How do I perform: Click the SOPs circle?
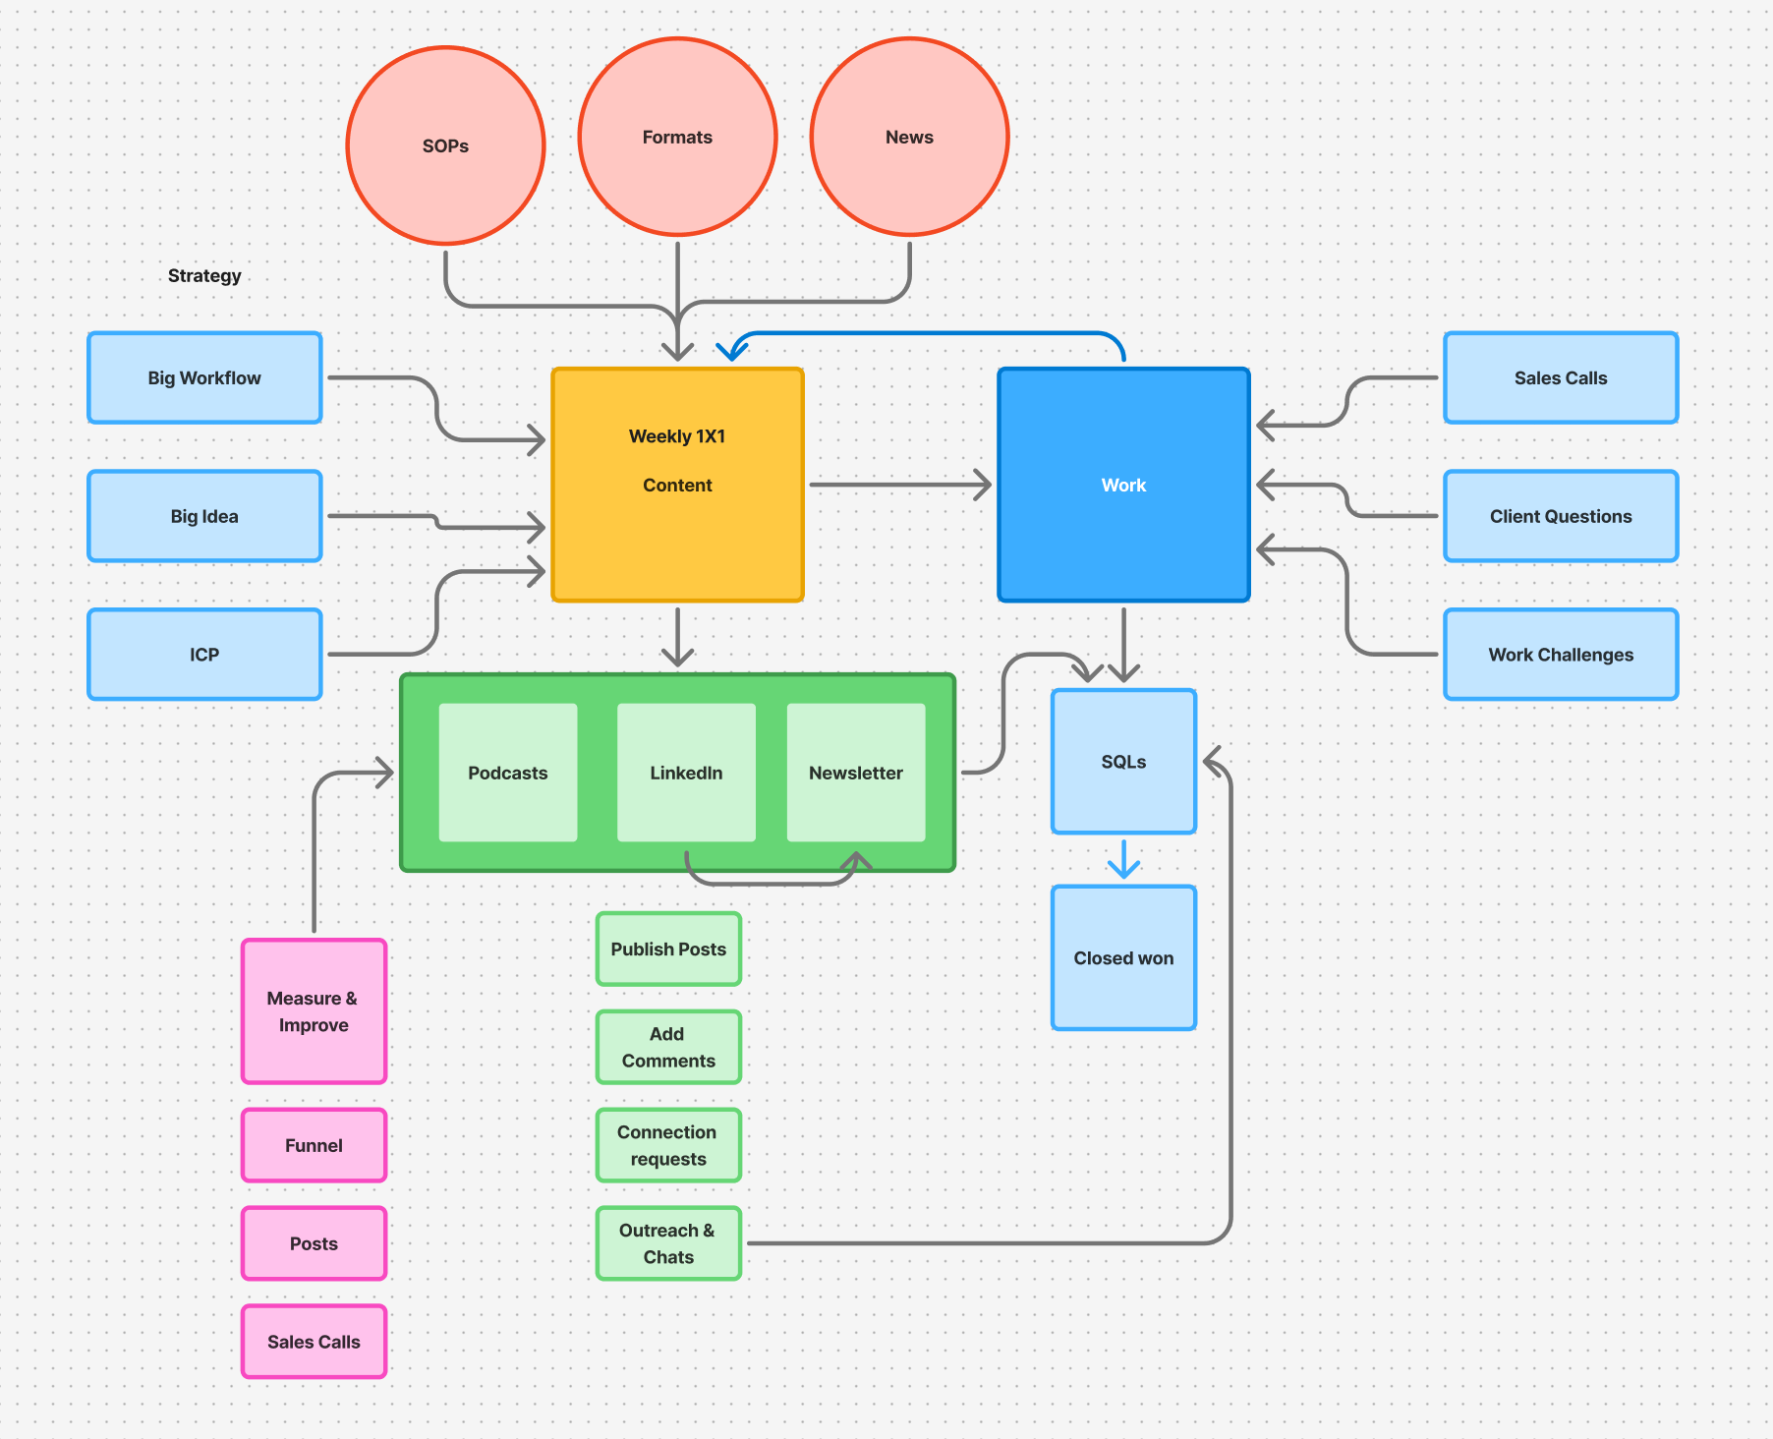click(445, 145)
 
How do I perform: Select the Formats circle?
click(677, 137)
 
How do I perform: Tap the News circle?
click(909, 137)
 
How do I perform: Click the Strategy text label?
click(204, 275)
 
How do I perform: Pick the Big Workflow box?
click(204, 377)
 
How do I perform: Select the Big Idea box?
click(204, 516)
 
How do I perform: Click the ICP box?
click(204, 655)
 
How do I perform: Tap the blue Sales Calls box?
click(1561, 377)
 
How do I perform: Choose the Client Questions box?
click(1561, 516)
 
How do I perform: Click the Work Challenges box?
click(1561, 655)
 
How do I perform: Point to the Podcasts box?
click(508, 773)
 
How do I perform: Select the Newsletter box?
click(856, 773)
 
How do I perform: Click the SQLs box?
click(1123, 762)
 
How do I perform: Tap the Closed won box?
click(1123, 958)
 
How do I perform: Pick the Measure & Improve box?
click(314, 1011)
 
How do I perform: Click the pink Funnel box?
click(314, 1145)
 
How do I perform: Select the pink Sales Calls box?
click(314, 1342)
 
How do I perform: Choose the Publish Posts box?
click(668, 949)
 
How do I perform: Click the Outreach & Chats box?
click(668, 1243)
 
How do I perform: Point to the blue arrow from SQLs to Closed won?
click(1123, 859)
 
